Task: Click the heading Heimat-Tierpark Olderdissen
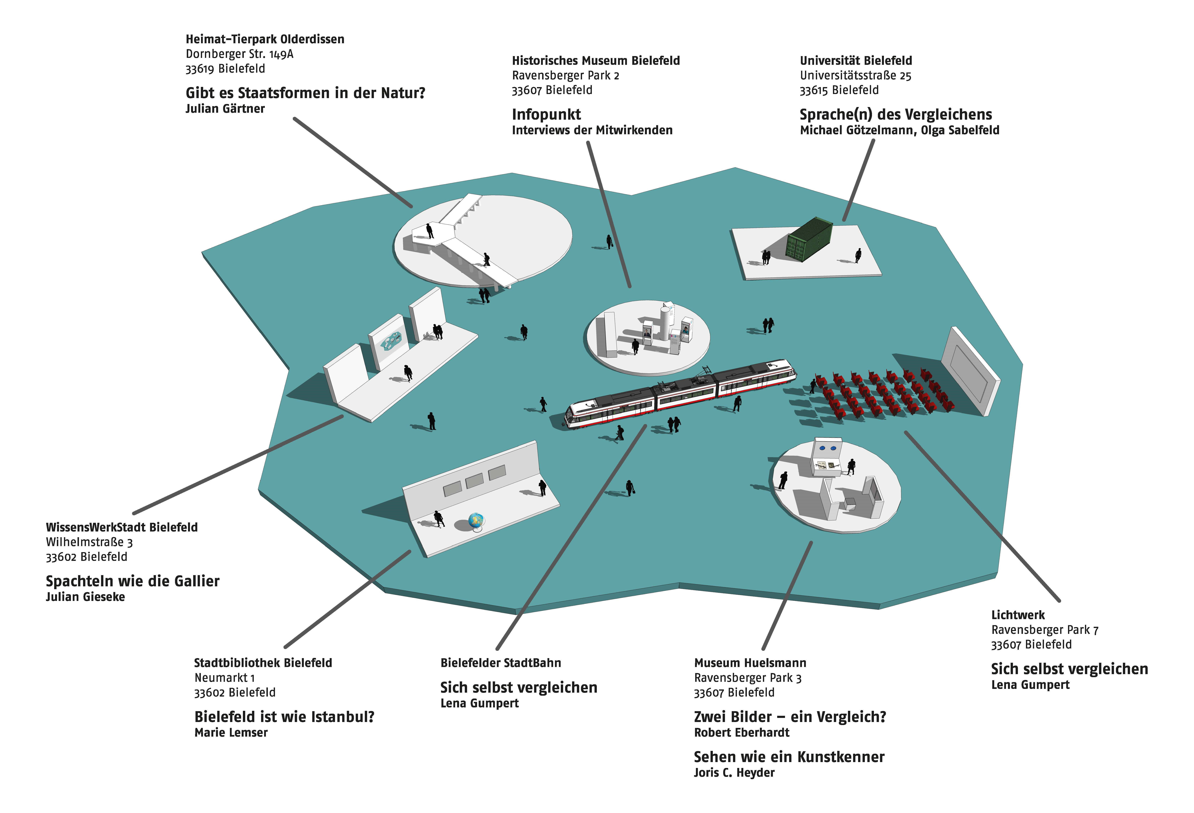tap(265, 39)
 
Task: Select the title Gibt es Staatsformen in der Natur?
tap(305, 93)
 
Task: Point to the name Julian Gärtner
tap(225, 109)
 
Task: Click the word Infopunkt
tap(546, 114)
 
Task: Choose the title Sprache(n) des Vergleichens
tap(896, 114)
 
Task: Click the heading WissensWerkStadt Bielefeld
tap(122, 527)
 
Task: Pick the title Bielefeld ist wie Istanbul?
tap(284, 716)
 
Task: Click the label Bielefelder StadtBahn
tap(500, 663)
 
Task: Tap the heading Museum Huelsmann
tap(750, 663)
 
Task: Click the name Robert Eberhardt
tap(741, 732)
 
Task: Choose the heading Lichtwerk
tap(1018, 614)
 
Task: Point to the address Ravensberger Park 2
tap(565, 75)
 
